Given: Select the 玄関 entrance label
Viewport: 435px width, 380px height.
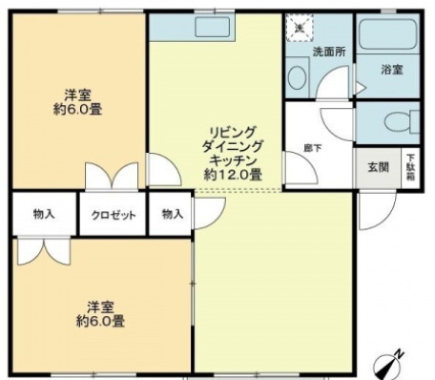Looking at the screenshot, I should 378,166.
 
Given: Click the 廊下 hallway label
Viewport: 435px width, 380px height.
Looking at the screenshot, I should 311,147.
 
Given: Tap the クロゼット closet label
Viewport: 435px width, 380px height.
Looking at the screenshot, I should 114,214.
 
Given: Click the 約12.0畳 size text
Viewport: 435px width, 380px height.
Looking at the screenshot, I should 233,176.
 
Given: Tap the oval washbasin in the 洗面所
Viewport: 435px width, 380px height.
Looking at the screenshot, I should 297,80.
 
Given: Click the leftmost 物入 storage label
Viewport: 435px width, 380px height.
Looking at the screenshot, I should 43,214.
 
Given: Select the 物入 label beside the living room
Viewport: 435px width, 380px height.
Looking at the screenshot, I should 172,214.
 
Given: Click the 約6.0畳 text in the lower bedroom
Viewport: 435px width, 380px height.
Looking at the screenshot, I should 101,322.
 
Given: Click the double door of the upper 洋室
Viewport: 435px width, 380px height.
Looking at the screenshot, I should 113,179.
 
